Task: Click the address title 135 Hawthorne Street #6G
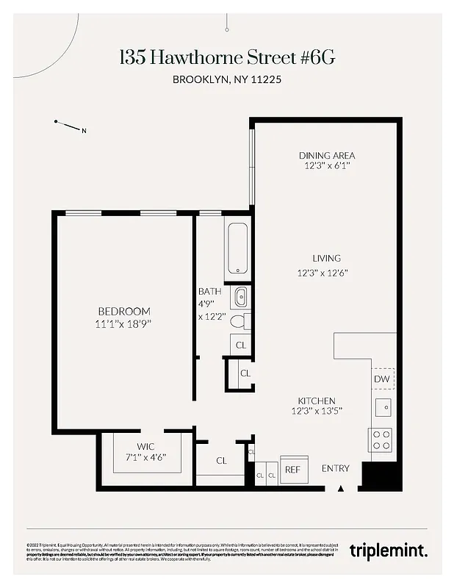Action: (226, 58)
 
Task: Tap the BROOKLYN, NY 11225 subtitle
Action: (226, 80)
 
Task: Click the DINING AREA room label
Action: (326, 155)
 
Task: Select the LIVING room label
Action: (326, 258)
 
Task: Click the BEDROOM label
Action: (123, 311)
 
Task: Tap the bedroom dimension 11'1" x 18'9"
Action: (123, 323)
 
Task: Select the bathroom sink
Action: (240, 298)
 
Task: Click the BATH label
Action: (209, 291)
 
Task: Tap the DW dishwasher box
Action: (382, 379)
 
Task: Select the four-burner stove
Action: (381, 439)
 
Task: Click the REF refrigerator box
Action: (292, 469)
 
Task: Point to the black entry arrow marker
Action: (341, 488)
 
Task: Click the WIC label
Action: (145, 445)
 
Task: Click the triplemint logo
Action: (388, 550)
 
